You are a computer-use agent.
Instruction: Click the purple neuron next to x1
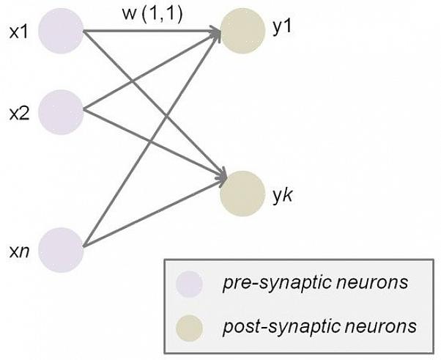(x=61, y=32)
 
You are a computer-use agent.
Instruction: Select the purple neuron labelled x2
(x=61, y=113)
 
